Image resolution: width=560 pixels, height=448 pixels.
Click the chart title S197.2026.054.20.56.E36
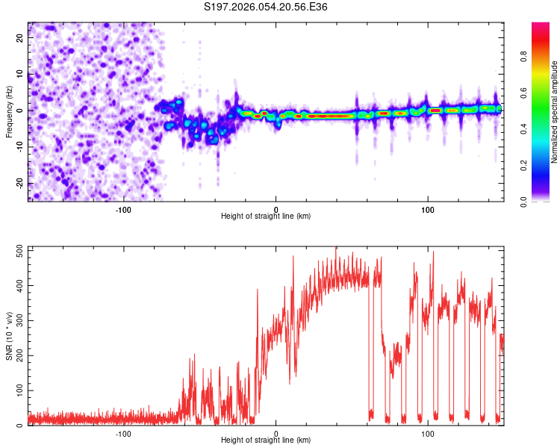[x=266, y=7]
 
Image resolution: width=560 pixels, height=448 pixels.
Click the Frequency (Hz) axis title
[x=9, y=111]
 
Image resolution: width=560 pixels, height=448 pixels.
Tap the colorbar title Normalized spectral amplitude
[x=555, y=112]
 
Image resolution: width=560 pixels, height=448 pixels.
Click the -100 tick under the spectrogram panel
[x=124, y=209]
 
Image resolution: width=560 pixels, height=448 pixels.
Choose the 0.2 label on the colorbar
[x=524, y=166]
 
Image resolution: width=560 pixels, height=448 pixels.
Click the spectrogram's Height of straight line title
[x=266, y=217]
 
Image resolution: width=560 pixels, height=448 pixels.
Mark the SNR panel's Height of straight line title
[x=266, y=441]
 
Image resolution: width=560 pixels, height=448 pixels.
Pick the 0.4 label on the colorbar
[x=524, y=130]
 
